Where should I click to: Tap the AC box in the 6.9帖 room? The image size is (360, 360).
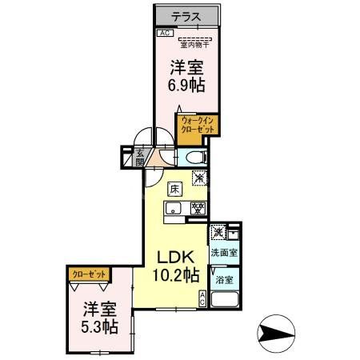pos(163,34)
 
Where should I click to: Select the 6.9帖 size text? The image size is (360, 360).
pos(186,82)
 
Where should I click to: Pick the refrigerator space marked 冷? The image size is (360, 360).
pos(199,178)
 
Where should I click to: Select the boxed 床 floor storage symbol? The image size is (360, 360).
pos(174,190)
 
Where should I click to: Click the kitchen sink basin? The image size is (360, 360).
pos(172,210)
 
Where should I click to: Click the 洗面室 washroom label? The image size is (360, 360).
pos(223,253)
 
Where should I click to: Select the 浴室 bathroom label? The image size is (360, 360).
pos(223,280)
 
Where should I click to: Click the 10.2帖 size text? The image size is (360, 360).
pos(175,277)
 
